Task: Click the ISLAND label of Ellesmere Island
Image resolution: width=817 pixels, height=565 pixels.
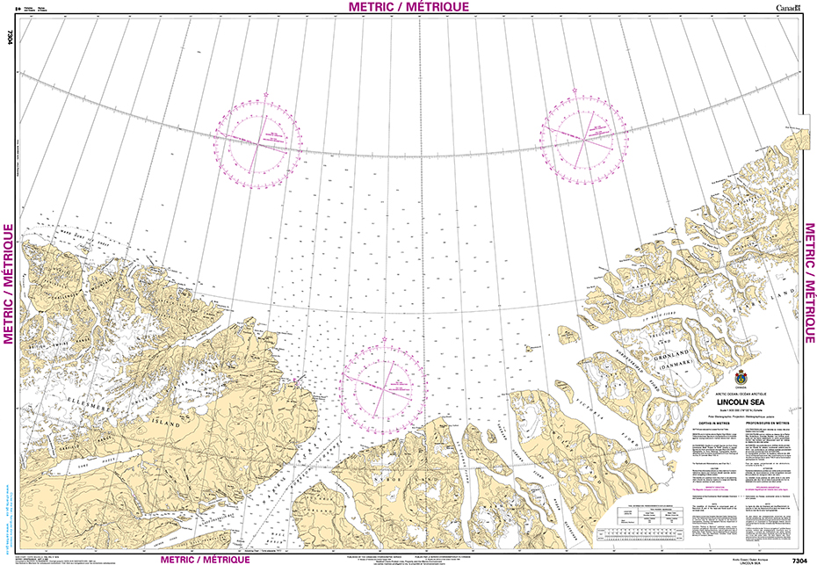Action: (x=163, y=424)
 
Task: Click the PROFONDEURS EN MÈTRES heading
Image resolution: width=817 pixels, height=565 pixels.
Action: (x=771, y=423)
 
